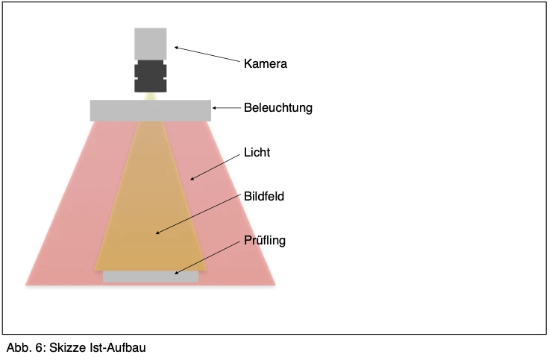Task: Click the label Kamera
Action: (x=266, y=63)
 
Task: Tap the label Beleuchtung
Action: (x=278, y=108)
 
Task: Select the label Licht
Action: (x=257, y=152)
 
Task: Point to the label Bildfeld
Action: (x=264, y=196)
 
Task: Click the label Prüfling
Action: (x=265, y=241)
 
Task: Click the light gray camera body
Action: (x=151, y=44)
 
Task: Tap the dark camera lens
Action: (x=151, y=76)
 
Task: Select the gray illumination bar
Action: (x=151, y=110)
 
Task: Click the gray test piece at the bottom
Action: (x=151, y=277)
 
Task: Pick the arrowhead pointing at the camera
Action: (x=177, y=48)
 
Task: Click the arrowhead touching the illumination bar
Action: (x=214, y=108)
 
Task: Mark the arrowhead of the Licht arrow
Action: (x=192, y=179)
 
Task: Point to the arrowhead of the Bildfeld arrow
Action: (x=157, y=233)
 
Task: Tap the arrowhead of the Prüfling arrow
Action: (x=177, y=273)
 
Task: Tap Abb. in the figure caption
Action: (x=19, y=348)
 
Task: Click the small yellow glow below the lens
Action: (x=151, y=96)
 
